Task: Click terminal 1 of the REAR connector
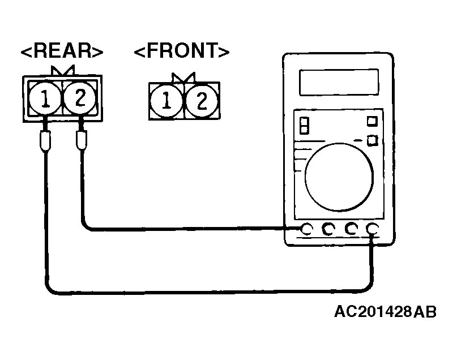[45, 98]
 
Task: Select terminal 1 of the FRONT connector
[166, 101]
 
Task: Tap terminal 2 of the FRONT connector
[202, 101]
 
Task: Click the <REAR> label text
[62, 51]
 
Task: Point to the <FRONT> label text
[182, 51]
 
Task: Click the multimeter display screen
[339, 83]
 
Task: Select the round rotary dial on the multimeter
[339, 177]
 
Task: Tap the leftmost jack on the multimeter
[306, 229]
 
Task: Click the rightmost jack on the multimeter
[373, 229]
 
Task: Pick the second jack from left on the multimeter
[328, 229]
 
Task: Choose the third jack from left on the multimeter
[351, 229]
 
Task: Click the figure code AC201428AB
[385, 312]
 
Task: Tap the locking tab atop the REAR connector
[63, 71]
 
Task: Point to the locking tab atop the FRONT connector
[183, 78]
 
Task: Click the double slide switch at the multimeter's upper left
[304, 126]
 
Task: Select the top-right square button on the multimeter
[372, 121]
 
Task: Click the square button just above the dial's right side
[373, 140]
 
